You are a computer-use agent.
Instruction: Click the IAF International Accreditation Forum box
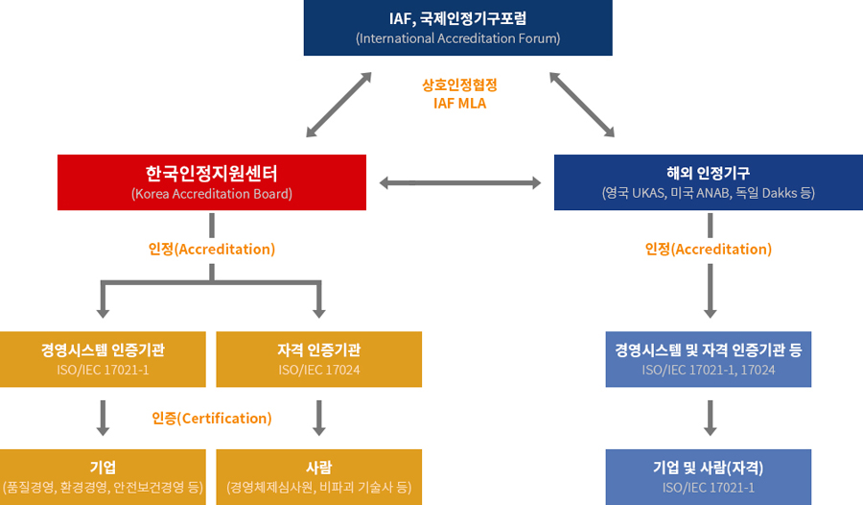click(x=457, y=28)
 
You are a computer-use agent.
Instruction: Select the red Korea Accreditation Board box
click(x=211, y=182)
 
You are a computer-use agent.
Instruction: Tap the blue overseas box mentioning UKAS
click(x=709, y=182)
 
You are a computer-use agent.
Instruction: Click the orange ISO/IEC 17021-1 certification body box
click(x=103, y=359)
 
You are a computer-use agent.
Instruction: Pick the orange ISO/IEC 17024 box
click(x=318, y=359)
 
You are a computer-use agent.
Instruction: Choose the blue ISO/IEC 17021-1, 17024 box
click(x=709, y=359)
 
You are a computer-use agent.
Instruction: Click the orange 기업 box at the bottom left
click(x=103, y=476)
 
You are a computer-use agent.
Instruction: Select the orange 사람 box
click(x=318, y=476)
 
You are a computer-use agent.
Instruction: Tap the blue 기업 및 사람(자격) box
click(x=709, y=476)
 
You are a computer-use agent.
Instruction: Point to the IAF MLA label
click(x=459, y=103)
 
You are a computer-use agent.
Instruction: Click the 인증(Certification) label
click(x=212, y=419)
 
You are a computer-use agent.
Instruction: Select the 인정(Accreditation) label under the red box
click(x=212, y=249)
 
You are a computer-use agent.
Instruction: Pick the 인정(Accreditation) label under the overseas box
click(x=709, y=249)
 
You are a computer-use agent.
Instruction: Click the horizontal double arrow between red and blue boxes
click(x=460, y=182)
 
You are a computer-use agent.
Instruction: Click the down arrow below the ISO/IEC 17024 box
click(x=319, y=418)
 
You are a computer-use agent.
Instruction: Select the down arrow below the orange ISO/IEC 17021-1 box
click(x=103, y=418)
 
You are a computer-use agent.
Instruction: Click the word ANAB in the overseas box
click(x=713, y=193)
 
